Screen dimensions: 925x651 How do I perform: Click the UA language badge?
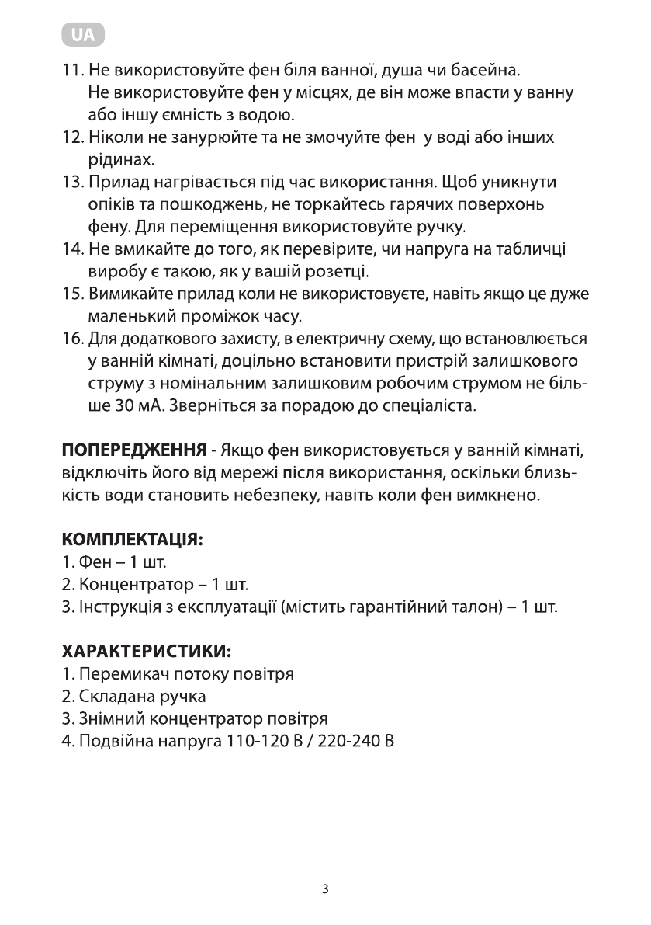[x=81, y=36]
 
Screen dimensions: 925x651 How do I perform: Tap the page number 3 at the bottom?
[x=325, y=889]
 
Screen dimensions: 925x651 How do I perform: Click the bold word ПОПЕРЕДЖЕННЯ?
[x=133, y=450]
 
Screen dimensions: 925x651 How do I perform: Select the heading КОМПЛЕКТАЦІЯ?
[x=132, y=538]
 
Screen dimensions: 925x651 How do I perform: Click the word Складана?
[x=109, y=696]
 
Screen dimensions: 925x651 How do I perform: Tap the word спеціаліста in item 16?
[x=431, y=405]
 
